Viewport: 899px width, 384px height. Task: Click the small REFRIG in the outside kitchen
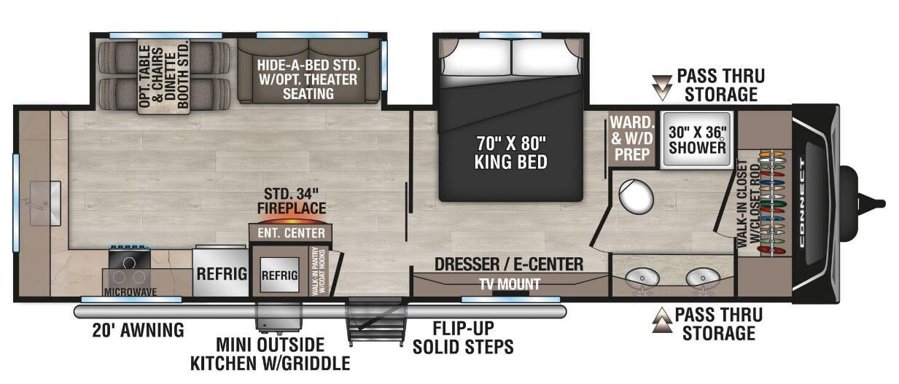click(279, 275)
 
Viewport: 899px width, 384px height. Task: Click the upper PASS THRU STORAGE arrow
click(663, 86)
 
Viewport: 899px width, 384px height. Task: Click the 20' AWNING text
click(138, 330)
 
